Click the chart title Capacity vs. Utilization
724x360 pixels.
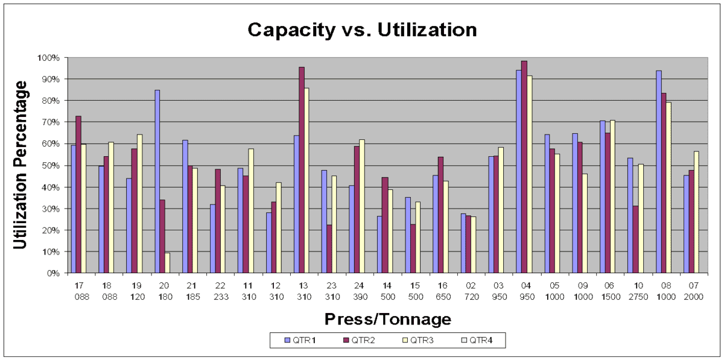pos(362,30)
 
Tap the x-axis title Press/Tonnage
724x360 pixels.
pos(388,319)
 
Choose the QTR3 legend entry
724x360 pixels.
pos(420,341)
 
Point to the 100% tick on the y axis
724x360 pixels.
pos(49,58)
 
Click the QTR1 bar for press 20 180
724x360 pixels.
pos(157,182)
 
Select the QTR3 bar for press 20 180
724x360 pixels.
pos(168,263)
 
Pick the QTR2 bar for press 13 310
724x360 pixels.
pos(302,170)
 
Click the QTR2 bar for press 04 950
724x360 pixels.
pos(524,167)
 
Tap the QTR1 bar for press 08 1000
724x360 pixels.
pos(659,172)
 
